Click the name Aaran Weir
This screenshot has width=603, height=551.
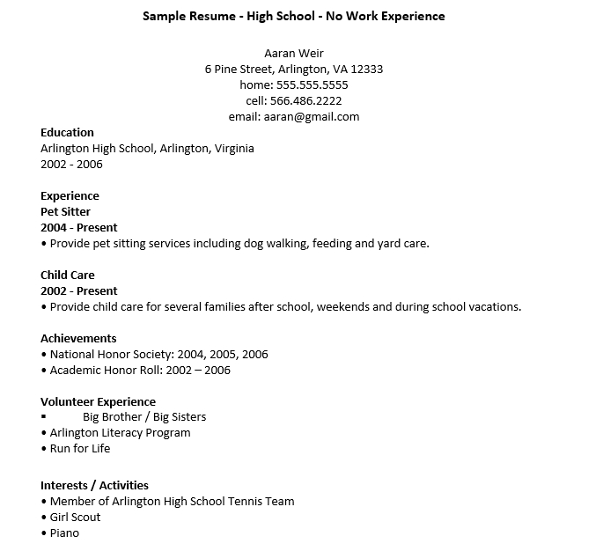pos(294,54)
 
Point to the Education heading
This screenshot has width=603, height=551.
pos(67,133)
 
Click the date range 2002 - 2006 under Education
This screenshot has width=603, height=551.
pos(71,165)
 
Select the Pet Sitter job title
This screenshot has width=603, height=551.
pos(65,212)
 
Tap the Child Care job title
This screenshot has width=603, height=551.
pos(67,275)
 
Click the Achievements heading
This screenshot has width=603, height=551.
pos(78,339)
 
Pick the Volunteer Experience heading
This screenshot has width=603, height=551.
pos(98,402)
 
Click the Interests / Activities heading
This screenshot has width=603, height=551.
pos(94,485)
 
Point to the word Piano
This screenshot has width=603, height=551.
pos(64,533)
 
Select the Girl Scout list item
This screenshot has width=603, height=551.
pos(75,518)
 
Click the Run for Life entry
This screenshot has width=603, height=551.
pos(80,449)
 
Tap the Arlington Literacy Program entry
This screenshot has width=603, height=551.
pos(120,433)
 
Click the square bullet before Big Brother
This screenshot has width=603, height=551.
pos(44,417)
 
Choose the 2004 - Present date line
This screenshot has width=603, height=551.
pos(78,228)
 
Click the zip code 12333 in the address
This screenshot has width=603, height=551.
pos(365,70)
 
